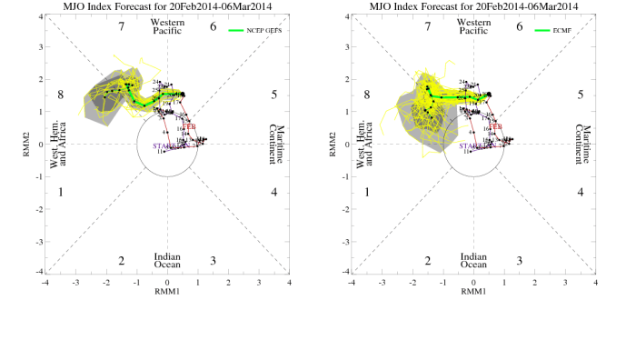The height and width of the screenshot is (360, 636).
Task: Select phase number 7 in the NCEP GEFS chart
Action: point(121,26)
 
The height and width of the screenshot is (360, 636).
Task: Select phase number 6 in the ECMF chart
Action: point(519,26)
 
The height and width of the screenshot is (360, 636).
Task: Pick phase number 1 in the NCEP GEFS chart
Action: point(60,192)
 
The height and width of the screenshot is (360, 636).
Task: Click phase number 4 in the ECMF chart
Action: point(581,192)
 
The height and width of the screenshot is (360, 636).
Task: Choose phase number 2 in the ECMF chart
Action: point(427,261)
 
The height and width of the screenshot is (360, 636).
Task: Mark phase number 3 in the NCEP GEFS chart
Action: point(213,261)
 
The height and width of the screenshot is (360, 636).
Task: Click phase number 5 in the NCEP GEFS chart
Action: point(274,95)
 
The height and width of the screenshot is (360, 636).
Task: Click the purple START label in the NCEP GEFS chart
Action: point(163,146)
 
